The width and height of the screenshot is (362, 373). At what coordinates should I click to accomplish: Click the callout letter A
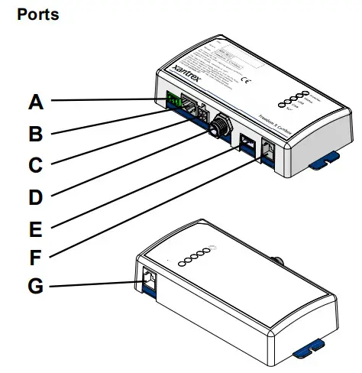[37, 100]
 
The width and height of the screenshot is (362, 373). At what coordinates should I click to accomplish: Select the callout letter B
[37, 133]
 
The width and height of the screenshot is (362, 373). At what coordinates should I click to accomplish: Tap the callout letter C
[37, 164]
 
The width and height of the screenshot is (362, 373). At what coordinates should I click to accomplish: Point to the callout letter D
[37, 196]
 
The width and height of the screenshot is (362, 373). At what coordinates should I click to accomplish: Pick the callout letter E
[37, 227]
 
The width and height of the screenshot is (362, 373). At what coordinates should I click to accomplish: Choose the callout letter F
[37, 258]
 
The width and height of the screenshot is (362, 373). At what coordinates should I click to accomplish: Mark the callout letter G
[37, 288]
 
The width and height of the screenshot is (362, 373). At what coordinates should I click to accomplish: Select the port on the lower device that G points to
[149, 280]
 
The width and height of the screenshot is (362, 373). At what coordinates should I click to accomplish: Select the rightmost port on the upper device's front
[269, 151]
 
